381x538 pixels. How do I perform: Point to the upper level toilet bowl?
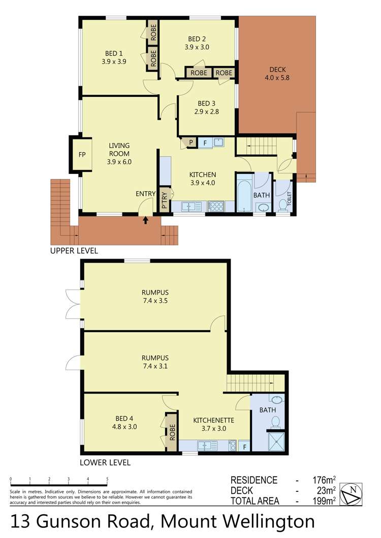282,205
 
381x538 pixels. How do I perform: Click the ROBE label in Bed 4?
172,432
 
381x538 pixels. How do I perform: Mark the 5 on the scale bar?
107,479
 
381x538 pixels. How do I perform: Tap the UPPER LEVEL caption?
74,250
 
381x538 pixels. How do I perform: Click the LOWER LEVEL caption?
105,462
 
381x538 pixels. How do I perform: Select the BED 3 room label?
206,107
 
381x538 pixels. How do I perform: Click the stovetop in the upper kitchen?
216,206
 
